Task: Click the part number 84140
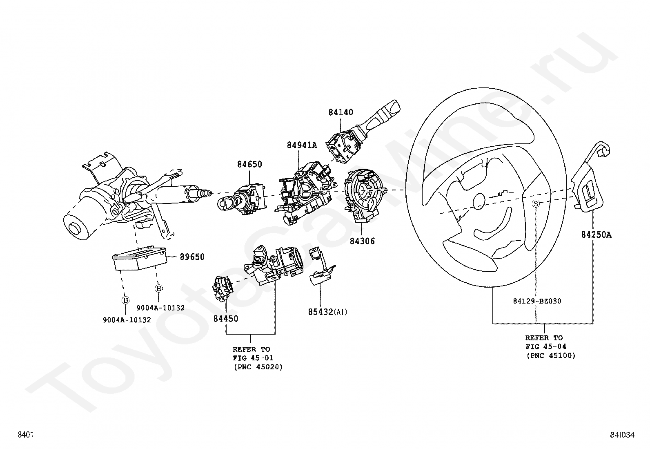coord(341,112)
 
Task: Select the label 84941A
coord(302,145)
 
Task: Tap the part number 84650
coord(249,164)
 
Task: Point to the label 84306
coord(362,241)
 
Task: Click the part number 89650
coord(192,257)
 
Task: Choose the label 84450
coord(226,319)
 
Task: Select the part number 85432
coord(321,312)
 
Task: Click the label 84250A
coord(596,235)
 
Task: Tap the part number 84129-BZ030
coord(537,301)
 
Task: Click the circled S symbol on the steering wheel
coord(536,203)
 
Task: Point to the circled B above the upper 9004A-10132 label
coord(159,288)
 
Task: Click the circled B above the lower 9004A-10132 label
coord(125,300)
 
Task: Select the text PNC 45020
coord(258,367)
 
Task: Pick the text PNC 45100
coord(551,355)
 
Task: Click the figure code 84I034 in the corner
coord(622,435)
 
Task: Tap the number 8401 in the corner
coord(26,435)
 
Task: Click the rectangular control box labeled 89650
coord(140,259)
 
